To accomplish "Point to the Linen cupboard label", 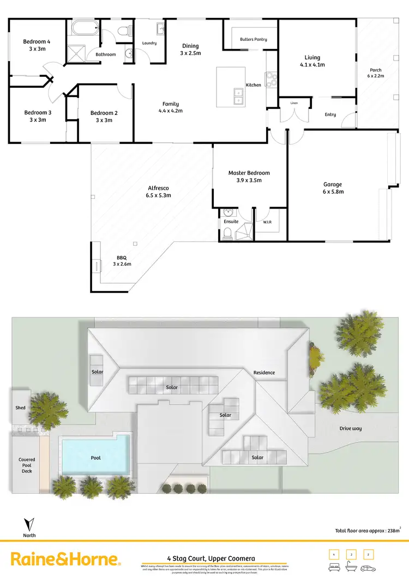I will pos(294,103).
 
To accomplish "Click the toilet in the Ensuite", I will pos(227,234).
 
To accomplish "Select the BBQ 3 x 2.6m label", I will pos(122,261).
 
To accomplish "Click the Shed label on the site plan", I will pos(21,407).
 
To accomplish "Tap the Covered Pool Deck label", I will pos(27,465).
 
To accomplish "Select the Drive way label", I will pos(350,429).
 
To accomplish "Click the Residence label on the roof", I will pos(264,373).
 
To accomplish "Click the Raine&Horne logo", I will pos(64,559).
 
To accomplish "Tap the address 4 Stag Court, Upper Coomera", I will pos(210,558).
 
